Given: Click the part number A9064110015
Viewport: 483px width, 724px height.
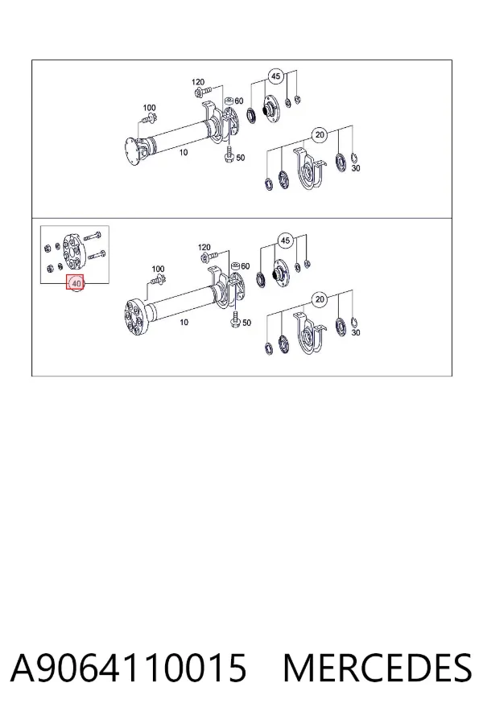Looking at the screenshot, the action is point(129,668).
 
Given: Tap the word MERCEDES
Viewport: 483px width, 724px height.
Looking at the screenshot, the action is point(378,668).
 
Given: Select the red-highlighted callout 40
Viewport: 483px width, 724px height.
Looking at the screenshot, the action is point(76,283).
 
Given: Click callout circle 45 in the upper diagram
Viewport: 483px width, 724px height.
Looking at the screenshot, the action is point(275,76).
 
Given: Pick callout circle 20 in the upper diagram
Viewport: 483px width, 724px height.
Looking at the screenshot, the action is point(320,135).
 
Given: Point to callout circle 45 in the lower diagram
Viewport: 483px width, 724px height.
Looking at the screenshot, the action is point(285,241).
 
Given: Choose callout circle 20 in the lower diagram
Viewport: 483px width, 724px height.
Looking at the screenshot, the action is point(320,300).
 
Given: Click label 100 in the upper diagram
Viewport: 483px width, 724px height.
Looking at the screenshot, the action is point(149,108).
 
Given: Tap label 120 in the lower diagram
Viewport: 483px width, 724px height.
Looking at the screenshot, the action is point(204,248).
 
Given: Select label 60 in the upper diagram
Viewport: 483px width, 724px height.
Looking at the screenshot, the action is point(238,101).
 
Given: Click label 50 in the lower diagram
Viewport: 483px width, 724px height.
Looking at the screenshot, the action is point(247,323).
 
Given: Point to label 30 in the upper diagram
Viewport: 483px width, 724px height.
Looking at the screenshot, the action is point(356,169).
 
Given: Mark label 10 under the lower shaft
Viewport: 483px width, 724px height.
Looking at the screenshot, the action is point(184,322).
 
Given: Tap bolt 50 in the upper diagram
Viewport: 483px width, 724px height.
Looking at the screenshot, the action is point(229,154).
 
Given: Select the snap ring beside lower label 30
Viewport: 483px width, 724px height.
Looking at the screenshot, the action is point(354,322).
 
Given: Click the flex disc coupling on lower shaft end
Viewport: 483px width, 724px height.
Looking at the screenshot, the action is point(134,317).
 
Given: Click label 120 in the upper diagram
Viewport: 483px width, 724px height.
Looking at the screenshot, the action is point(198,82).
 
